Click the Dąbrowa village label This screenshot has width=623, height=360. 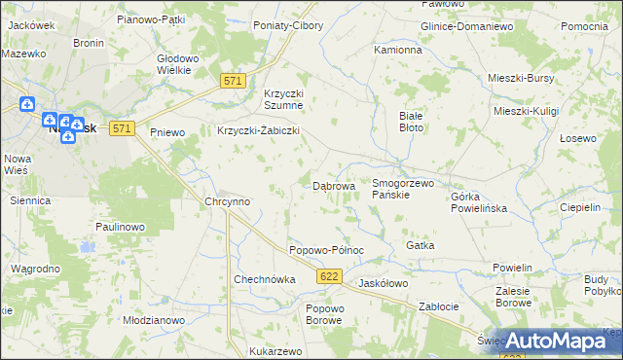(333, 185)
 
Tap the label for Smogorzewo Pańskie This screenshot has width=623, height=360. (402, 189)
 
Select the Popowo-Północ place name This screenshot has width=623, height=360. (326, 250)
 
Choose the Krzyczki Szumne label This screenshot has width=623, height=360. (284, 99)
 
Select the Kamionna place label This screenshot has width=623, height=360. (398, 49)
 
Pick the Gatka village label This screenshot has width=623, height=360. (420, 245)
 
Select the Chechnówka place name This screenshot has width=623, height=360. (264, 279)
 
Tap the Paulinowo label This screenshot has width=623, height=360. (120, 227)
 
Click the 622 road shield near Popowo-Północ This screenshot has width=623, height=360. (328, 278)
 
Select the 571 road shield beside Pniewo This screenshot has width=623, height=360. (121, 128)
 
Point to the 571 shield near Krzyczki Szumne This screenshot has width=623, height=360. (231, 82)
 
